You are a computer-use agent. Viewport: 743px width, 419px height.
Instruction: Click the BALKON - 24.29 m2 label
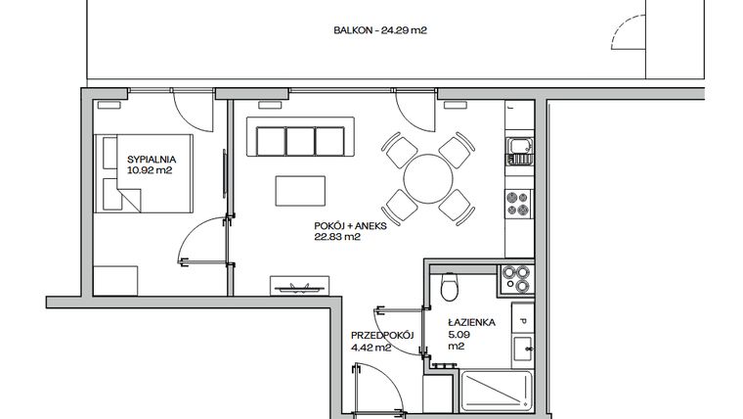(x=379, y=30)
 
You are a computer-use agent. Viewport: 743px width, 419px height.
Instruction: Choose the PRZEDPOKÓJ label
(x=383, y=335)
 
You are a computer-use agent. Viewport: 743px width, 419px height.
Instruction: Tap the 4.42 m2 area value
(x=371, y=347)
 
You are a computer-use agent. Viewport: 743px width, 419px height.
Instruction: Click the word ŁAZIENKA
(x=470, y=320)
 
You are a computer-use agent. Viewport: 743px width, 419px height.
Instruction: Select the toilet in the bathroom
(x=450, y=288)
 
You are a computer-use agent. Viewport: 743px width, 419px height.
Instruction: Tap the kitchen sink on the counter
(x=519, y=151)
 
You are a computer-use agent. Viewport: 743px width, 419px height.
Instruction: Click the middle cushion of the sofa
(x=299, y=139)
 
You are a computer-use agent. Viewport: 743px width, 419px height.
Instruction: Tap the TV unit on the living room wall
(x=296, y=285)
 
